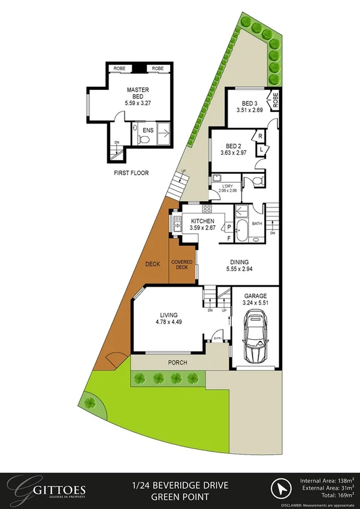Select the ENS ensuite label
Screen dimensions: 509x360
[x=148, y=129]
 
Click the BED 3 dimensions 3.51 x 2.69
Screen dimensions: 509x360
[x=249, y=110]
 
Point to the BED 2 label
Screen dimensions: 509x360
[x=234, y=146]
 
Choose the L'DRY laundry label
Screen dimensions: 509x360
[x=227, y=186]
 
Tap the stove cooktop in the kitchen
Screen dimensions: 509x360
[x=207, y=209]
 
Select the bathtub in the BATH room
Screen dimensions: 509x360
[x=241, y=228]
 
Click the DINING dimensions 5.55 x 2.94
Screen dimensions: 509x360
[x=239, y=270]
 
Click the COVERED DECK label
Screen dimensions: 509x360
[x=181, y=265]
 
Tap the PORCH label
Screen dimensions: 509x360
[x=177, y=363]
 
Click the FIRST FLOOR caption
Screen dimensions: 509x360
[x=131, y=173]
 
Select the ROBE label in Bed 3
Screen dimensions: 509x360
[x=276, y=100]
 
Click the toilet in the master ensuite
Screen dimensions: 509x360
[x=142, y=139]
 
